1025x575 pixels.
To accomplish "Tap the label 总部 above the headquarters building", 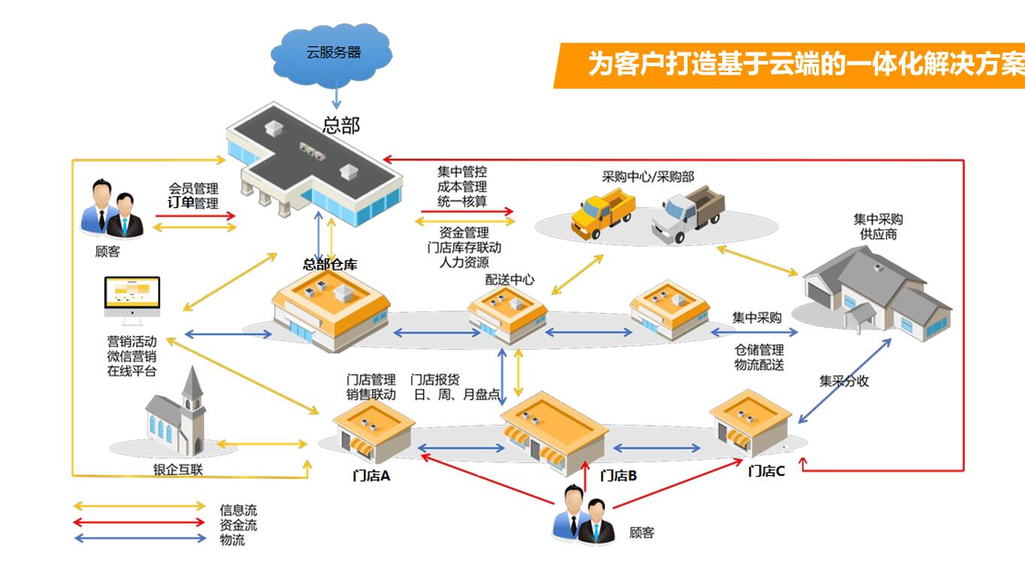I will [340, 126].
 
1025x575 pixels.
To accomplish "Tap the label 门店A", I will [371, 476].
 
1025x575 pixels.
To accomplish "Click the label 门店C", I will [766, 471].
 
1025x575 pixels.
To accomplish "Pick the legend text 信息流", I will [237, 511].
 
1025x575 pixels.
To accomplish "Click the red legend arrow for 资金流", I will [139, 522].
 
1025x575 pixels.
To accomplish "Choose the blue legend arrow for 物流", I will [139, 537].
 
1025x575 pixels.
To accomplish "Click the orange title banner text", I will [804, 65].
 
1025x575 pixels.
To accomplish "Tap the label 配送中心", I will [509, 280].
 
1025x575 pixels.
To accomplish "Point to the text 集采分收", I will [844, 381].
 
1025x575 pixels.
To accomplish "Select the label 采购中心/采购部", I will [648, 177].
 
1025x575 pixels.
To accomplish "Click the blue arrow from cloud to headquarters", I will [336, 93].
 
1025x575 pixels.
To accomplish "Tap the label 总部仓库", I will [329, 264].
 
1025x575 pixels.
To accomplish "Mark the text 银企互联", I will [178, 471].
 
